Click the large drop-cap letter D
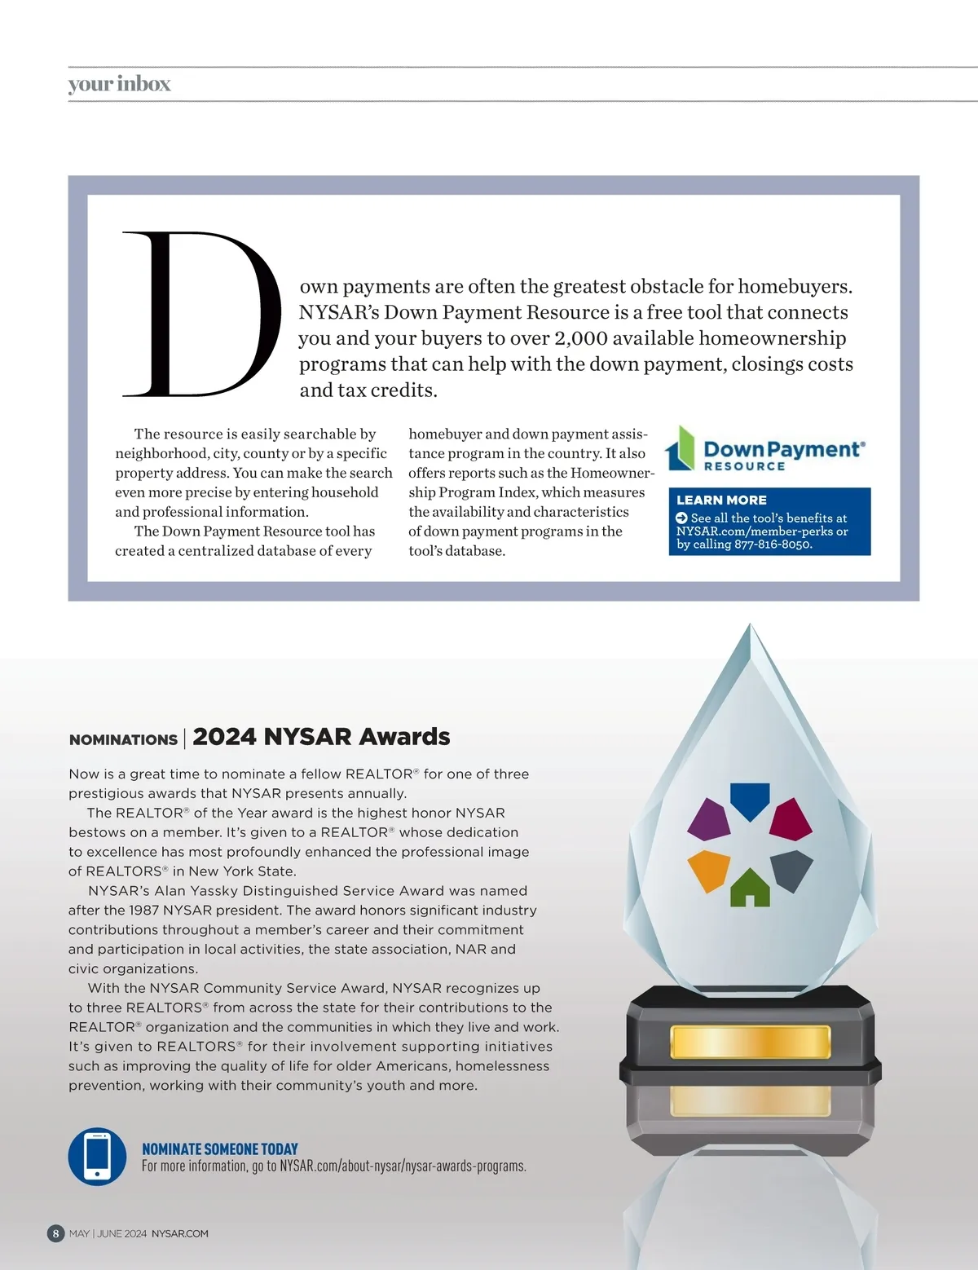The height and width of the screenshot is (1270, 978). click(x=200, y=314)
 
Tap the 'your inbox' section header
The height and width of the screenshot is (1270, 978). click(x=119, y=84)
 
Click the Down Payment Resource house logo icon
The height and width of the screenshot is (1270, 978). click(x=681, y=448)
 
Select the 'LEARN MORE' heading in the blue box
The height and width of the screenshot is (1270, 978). click(x=721, y=500)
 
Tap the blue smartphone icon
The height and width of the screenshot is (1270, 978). click(x=97, y=1156)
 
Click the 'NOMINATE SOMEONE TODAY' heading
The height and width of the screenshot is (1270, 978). click(x=220, y=1149)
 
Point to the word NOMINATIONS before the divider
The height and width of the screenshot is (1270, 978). click(x=123, y=739)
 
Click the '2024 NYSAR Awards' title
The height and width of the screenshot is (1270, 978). click(x=321, y=737)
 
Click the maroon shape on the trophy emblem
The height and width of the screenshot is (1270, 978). click(x=791, y=819)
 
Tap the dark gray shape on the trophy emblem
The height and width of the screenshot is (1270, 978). click(x=792, y=869)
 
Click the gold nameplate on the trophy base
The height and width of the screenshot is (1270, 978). click(x=750, y=1043)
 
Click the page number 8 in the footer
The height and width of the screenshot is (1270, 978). click(x=55, y=1233)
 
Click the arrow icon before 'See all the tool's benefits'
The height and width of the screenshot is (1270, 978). click(x=682, y=518)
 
